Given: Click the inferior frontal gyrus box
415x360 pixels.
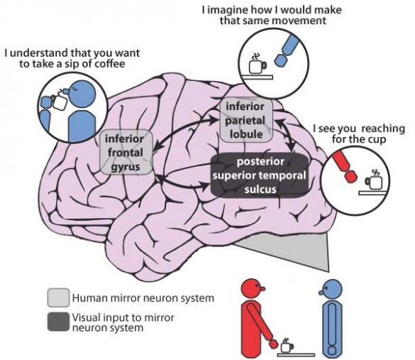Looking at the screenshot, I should click(x=127, y=152).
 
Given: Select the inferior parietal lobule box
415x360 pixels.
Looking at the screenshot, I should click(x=245, y=119).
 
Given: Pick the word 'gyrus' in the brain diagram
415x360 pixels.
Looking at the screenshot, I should click(x=127, y=165).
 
